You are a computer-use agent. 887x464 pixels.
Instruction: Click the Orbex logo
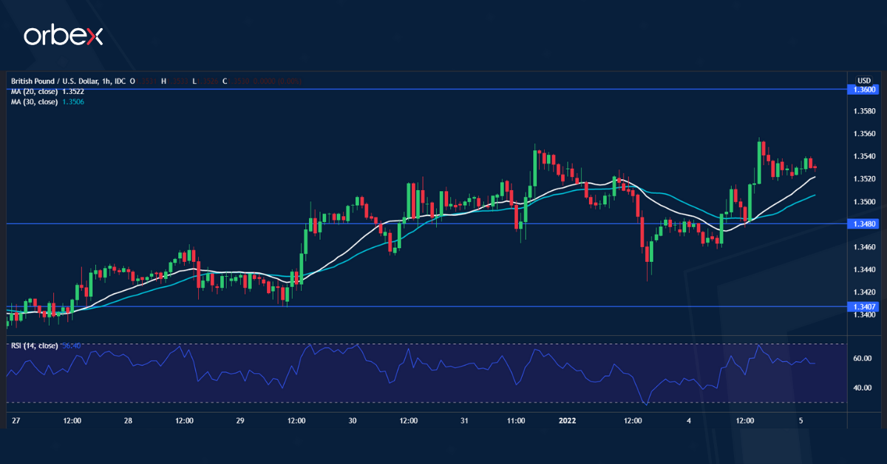[64, 36]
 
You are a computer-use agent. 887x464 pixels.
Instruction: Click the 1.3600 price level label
[864, 90]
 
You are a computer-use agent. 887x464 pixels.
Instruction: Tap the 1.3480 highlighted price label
[864, 223]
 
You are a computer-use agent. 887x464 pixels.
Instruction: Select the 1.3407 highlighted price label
[864, 306]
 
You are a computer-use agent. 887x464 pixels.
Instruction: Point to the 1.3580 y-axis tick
[864, 112]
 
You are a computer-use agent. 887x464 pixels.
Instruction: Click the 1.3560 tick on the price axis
[864, 134]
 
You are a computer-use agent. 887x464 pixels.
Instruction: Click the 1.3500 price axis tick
[864, 202]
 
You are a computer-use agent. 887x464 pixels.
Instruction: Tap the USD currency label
[864, 80]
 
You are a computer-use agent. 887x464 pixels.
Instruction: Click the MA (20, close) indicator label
[34, 91]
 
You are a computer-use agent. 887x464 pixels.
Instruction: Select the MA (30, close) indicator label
[34, 101]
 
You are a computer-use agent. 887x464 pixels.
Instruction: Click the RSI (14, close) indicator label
[35, 346]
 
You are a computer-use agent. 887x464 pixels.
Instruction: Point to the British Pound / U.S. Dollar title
[59, 81]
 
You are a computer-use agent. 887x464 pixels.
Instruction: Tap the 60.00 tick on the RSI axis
[862, 359]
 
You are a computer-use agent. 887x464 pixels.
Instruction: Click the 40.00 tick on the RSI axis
[862, 388]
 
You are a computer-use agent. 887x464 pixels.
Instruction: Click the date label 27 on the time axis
[16, 420]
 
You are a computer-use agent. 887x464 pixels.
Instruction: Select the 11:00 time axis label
[516, 420]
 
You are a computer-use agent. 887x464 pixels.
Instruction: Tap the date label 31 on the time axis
[464, 420]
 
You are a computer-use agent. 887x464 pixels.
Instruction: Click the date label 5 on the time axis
[801, 420]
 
